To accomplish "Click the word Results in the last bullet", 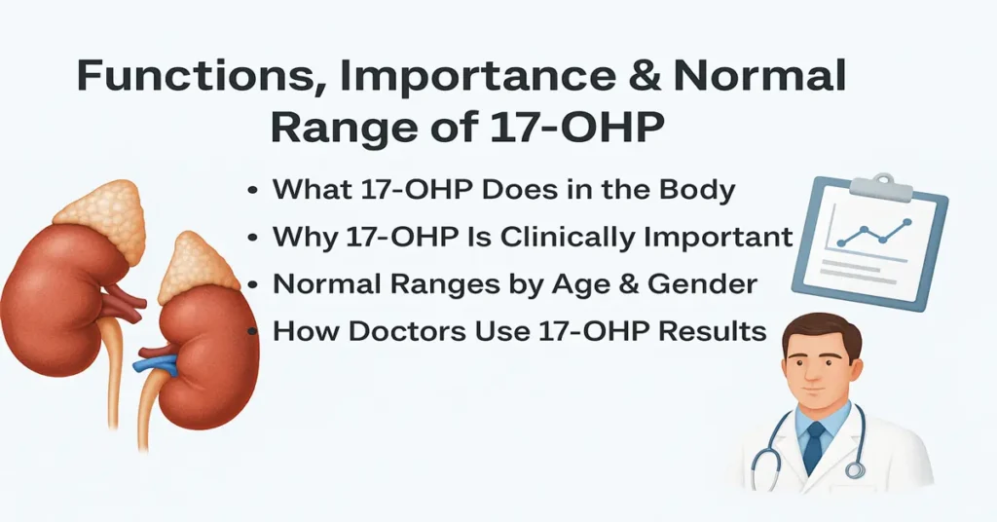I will point(713,331).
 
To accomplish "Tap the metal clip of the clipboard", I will point(883,182).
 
